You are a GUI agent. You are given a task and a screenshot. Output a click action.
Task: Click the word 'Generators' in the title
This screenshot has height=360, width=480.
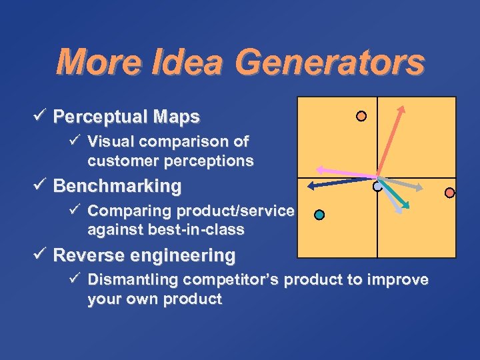(329, 63)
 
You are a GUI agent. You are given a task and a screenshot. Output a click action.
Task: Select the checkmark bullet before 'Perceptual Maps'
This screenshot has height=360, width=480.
(43, 117)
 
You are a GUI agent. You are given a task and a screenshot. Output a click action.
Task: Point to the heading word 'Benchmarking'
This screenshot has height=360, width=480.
(117, 186)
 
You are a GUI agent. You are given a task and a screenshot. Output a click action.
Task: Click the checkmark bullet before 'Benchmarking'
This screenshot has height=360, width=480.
(43, 185)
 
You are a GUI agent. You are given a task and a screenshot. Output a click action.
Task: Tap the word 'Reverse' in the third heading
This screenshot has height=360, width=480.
(89, 255)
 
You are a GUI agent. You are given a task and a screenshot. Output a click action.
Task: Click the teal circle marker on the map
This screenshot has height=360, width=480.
(319, 215)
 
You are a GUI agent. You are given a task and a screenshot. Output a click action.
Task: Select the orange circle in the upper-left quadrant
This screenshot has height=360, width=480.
(361, 116)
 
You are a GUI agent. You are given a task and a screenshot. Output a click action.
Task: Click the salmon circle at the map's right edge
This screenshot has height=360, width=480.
(450, 193)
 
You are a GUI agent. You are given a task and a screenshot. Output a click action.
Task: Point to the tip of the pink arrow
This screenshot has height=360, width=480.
(317, 169)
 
